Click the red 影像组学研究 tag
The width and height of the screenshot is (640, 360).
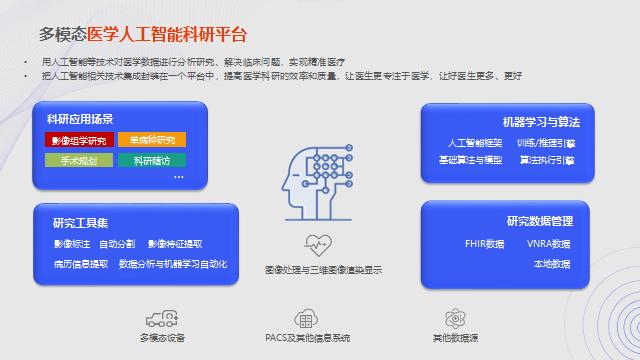click(78, 139)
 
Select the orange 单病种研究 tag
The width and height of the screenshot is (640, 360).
click(151, 139)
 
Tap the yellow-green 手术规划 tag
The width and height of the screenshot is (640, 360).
click(78, 159)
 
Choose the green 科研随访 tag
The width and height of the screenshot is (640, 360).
click(151, 159)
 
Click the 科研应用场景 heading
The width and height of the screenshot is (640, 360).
click(81, 119)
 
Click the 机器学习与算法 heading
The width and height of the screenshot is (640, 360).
click(542, 121)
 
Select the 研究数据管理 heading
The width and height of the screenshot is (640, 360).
click(540, 220)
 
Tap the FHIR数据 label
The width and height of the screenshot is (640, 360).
click(485, 243)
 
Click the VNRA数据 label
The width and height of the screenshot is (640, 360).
click(549, 243)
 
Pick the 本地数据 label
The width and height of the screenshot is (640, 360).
click(551, 264)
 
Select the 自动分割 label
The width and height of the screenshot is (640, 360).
click(117, 243)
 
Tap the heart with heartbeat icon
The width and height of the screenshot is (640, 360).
click(319, 244)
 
